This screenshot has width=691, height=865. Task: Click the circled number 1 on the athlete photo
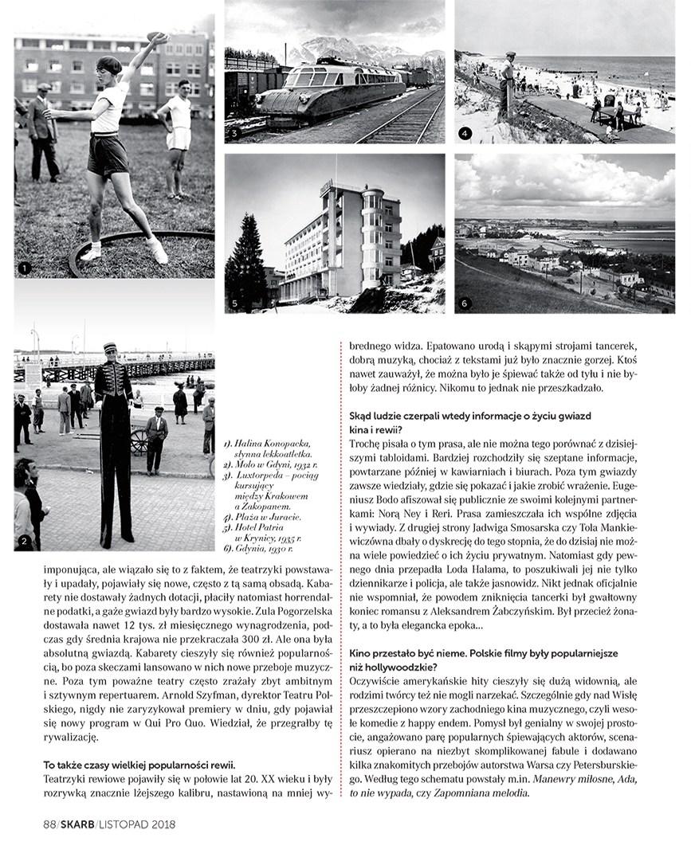[x=25, y=268]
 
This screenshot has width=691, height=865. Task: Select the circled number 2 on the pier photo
[x=25, y=542]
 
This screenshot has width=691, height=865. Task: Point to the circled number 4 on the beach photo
[x=465, y=134]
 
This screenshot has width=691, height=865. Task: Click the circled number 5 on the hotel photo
[x=234, y=303]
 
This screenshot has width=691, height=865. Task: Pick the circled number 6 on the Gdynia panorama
[x=465, y=303]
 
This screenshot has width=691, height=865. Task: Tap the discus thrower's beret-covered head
[x=110, y=65]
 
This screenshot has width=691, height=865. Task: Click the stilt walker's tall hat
[x=110, y=348]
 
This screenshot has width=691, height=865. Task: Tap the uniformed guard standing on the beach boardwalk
[x=508, y=85]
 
